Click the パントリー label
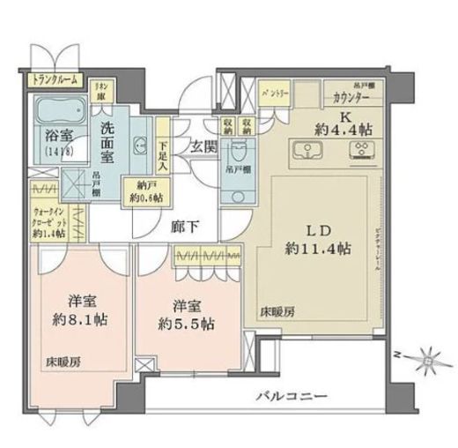coord(274,92)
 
